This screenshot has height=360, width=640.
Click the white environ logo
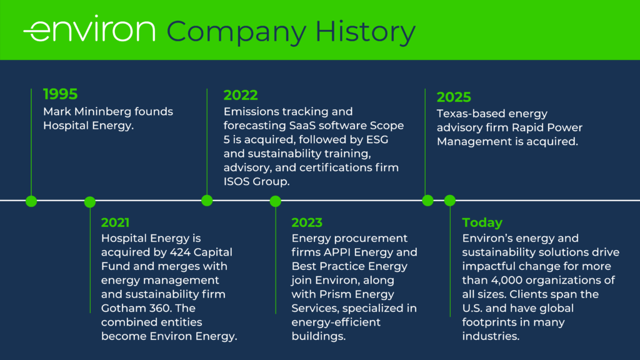pos(89,29)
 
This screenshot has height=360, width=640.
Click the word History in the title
pos(365,31)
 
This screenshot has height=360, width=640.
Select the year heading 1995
pos(61,94)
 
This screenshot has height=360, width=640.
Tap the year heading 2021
pos(115,222)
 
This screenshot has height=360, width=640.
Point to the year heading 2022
pos(241,95)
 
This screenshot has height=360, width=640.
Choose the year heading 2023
pos(307,222)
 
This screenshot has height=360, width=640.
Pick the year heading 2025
pos(454,97)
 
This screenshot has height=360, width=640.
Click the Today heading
pos(482,222)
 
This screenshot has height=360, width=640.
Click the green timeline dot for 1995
pos(31,201)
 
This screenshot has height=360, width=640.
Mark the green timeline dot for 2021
pos(90,202)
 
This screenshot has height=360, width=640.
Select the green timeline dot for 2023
pos(276,201)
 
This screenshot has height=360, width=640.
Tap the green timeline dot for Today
pos(450,201)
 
